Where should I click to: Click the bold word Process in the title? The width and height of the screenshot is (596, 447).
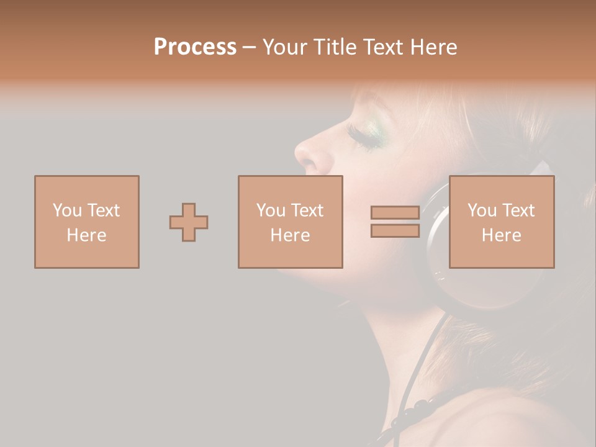coord(195,47)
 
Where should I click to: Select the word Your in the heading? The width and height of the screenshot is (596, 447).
coord(284,47)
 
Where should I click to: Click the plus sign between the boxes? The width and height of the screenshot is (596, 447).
coord(189,222)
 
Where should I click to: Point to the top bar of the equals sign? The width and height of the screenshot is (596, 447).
coord(395,213)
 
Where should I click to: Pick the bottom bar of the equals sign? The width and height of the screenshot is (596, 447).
coord(395,231)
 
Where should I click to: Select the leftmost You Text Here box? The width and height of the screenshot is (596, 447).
coord(86,222)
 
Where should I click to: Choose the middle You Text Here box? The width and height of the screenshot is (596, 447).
coord(290,222)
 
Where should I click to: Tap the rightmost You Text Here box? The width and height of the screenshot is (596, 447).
coord(501,222)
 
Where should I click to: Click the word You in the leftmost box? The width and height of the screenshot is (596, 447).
coord(66,210)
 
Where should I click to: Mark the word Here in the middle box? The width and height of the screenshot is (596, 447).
coord(290,235)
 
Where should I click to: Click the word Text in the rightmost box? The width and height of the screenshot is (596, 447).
coord(518,210)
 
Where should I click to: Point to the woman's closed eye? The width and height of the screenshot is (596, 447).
coord(366,138)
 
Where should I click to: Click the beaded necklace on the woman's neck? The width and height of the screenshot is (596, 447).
coord(413,410)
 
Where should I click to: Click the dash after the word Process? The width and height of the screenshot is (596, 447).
coord(250,47)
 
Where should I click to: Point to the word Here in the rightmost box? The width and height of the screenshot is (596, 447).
coord(501,235)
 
